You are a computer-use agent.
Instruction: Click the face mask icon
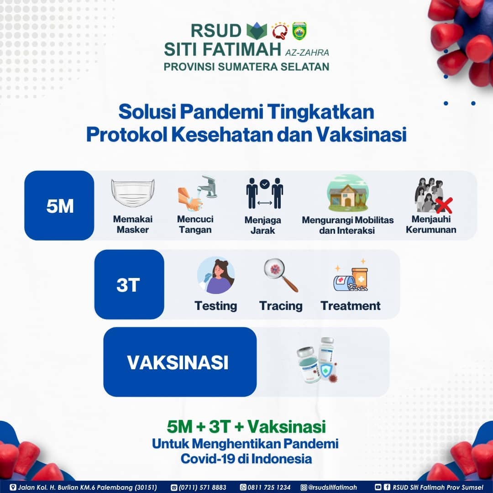coord(133,193)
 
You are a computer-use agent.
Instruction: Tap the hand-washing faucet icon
coord(198,193)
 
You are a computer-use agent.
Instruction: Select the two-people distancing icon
coord(264,193)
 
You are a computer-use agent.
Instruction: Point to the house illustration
coord(347,193)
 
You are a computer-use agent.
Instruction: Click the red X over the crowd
coord(444,205)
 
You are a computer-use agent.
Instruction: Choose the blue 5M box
coord(59,205)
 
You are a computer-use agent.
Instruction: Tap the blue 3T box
coord(129,284)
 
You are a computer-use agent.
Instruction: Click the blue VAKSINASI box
coord(180,362)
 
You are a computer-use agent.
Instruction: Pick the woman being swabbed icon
coord(215,275)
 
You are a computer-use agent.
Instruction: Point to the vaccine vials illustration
coord(317,360)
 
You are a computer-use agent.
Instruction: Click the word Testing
coord(215,305)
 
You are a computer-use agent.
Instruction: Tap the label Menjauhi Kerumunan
coord(431,224)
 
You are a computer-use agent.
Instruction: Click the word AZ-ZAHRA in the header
coord(307,52)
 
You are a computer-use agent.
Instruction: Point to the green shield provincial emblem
coord(299,31)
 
